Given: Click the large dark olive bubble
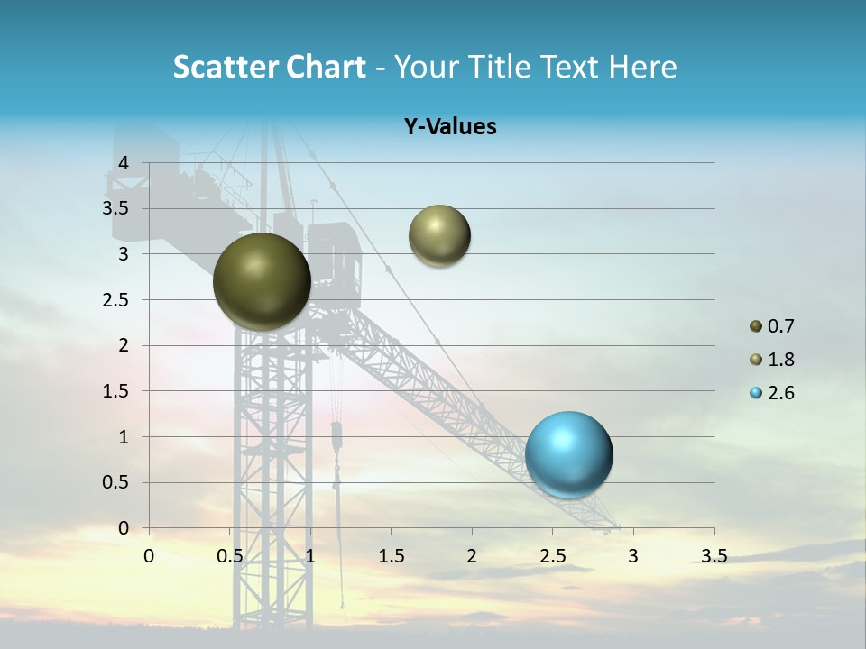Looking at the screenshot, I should click(262, 281).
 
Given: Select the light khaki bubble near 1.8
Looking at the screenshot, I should click(439, 235).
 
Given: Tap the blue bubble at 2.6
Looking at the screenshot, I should click(568, 454).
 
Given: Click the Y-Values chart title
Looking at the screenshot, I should click(450, 127).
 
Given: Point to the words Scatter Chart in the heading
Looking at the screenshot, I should click(269, 67).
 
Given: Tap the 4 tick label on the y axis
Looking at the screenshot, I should click(124, 163).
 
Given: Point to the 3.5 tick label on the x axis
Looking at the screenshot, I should click(714, 556).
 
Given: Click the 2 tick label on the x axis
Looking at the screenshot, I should click(472, 556).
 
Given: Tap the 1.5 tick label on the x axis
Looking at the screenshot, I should click(391, 556).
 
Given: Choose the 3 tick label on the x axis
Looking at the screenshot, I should click(633, 556).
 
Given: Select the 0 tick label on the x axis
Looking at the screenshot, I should click(149, 556).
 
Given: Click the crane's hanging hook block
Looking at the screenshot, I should click(336, 437).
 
